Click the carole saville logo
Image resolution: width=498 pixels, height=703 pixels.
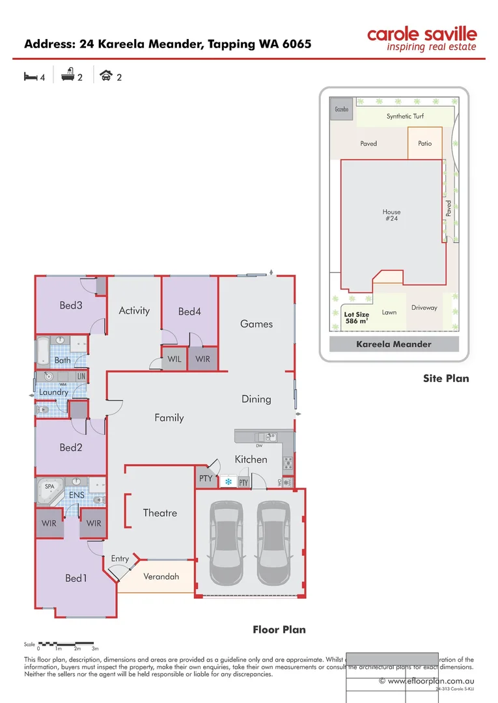tap(422, 38)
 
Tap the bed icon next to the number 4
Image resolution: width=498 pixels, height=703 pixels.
tap(29, 76)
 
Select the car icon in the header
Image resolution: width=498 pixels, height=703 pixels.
tap(105, 76)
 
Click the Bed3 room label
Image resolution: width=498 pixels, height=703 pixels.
tap(70, 305)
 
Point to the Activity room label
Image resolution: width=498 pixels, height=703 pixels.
tap(134, 310)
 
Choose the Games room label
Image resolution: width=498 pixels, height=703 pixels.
tap(256, 324)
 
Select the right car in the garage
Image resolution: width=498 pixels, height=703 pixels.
tap(272, 544)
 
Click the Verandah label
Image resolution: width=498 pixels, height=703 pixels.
tap(161, 577)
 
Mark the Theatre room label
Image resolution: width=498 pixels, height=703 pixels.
tap(160, 513)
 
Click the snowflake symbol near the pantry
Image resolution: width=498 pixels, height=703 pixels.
tap(228, 482)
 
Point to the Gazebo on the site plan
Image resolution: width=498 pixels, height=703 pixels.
tap(342, 109)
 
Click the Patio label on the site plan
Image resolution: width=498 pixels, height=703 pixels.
tap(424, 143)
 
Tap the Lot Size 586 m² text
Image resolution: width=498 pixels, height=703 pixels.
tap(357, 317)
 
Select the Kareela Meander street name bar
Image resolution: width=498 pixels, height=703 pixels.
tap(394, 344)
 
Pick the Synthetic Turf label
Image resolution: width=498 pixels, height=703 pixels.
tap(405, 117)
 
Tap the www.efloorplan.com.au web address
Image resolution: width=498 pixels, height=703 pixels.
tap(425, 681)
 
